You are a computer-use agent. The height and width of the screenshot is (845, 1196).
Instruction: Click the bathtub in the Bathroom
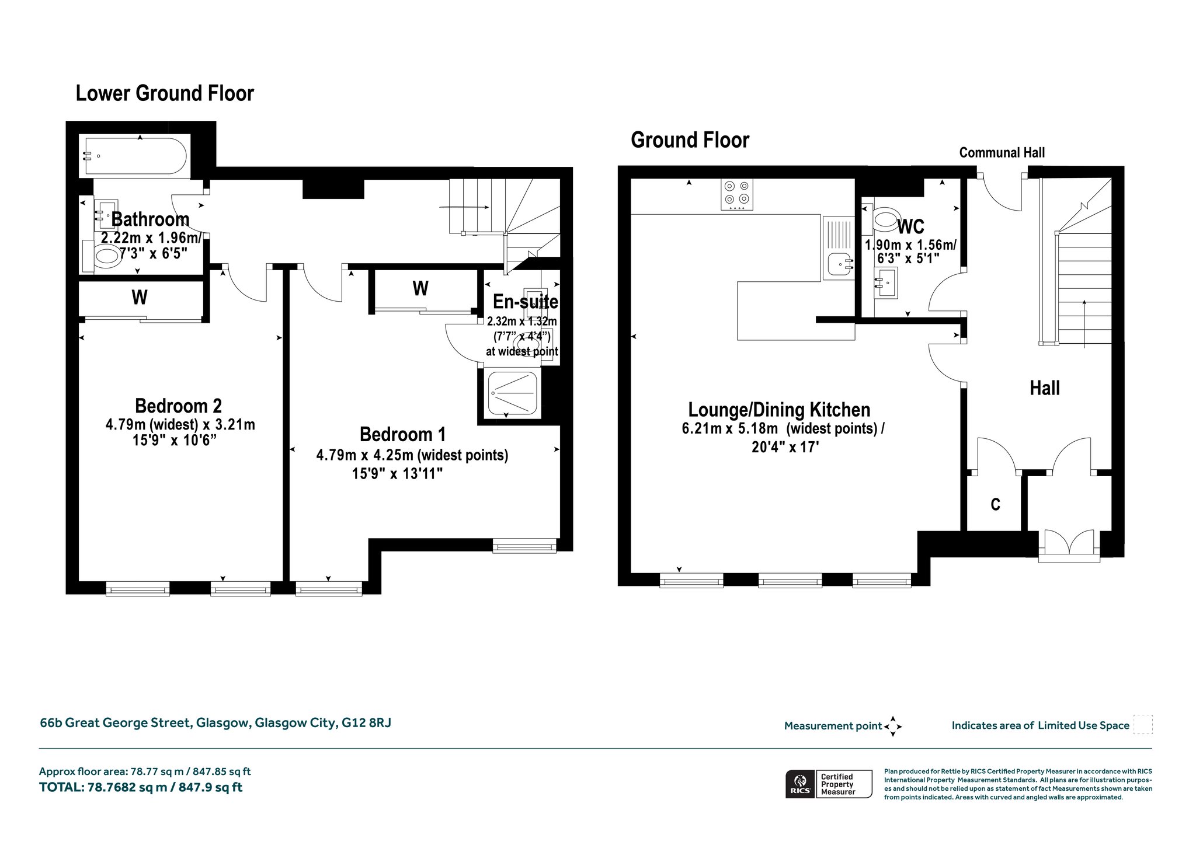tap(135, 156)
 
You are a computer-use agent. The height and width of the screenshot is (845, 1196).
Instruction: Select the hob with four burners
tap(738, 195)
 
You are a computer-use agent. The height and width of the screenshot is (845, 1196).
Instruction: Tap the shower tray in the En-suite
tap(513, 393)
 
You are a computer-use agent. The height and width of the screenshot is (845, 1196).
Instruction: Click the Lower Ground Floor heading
tap(165, 93)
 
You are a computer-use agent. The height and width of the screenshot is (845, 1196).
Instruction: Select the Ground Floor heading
tap(690, 140)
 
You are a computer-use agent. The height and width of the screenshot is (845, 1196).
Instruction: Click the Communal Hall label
tap(1002, 153)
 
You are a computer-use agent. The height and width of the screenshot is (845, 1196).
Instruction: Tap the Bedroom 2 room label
tap(178, 406)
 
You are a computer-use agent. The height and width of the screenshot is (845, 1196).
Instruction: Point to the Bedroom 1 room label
tap(402, 434)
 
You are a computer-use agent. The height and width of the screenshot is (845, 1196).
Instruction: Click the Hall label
tap(1044, 388)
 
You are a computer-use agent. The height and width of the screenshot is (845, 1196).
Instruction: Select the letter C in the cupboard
tap(995, 504)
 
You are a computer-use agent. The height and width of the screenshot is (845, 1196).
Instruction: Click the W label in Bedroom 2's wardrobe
tap(140, 298)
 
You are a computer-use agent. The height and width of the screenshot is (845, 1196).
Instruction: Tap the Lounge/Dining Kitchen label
tap(779, 410)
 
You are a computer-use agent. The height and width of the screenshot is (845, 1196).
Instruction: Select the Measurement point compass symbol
tap(892, 727)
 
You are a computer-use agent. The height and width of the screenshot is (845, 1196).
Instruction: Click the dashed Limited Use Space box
tap(1143, 724)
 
